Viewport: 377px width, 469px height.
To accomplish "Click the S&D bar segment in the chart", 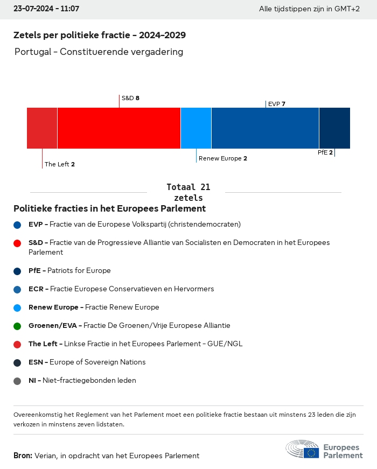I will click(118, 128).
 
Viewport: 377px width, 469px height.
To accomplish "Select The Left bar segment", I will click(42, 128).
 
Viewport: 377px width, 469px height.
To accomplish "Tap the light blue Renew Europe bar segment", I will click(196, 128).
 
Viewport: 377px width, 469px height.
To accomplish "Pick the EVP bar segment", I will click(265, 128).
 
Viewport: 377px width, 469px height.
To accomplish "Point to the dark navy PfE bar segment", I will click(334, 128).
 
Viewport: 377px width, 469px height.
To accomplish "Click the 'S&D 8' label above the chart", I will click(130, 98).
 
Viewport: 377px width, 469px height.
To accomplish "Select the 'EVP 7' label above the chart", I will click(276, 104).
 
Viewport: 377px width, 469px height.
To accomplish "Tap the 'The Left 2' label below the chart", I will click(59, 164).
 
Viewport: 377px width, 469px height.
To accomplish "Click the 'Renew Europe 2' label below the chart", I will click(222, 158).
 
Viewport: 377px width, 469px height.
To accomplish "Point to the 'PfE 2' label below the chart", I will click(325, 152).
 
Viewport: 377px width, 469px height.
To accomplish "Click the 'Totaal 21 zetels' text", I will click(188, 192).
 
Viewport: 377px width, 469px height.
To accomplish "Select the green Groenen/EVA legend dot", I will click(17, 326).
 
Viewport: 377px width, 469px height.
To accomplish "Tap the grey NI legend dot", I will click(17, 381).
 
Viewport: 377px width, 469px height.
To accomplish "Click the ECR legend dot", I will click(17, 289).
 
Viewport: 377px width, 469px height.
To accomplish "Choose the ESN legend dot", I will click(17, 362).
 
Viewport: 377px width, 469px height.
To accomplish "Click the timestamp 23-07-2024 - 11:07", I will click(46, 9).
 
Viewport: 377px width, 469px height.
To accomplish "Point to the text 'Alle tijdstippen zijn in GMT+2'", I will click(309, 9).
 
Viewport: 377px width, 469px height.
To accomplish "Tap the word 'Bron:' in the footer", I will click(23, 456).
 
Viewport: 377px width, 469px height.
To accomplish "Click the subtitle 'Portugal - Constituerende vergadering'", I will click(99, 52).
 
